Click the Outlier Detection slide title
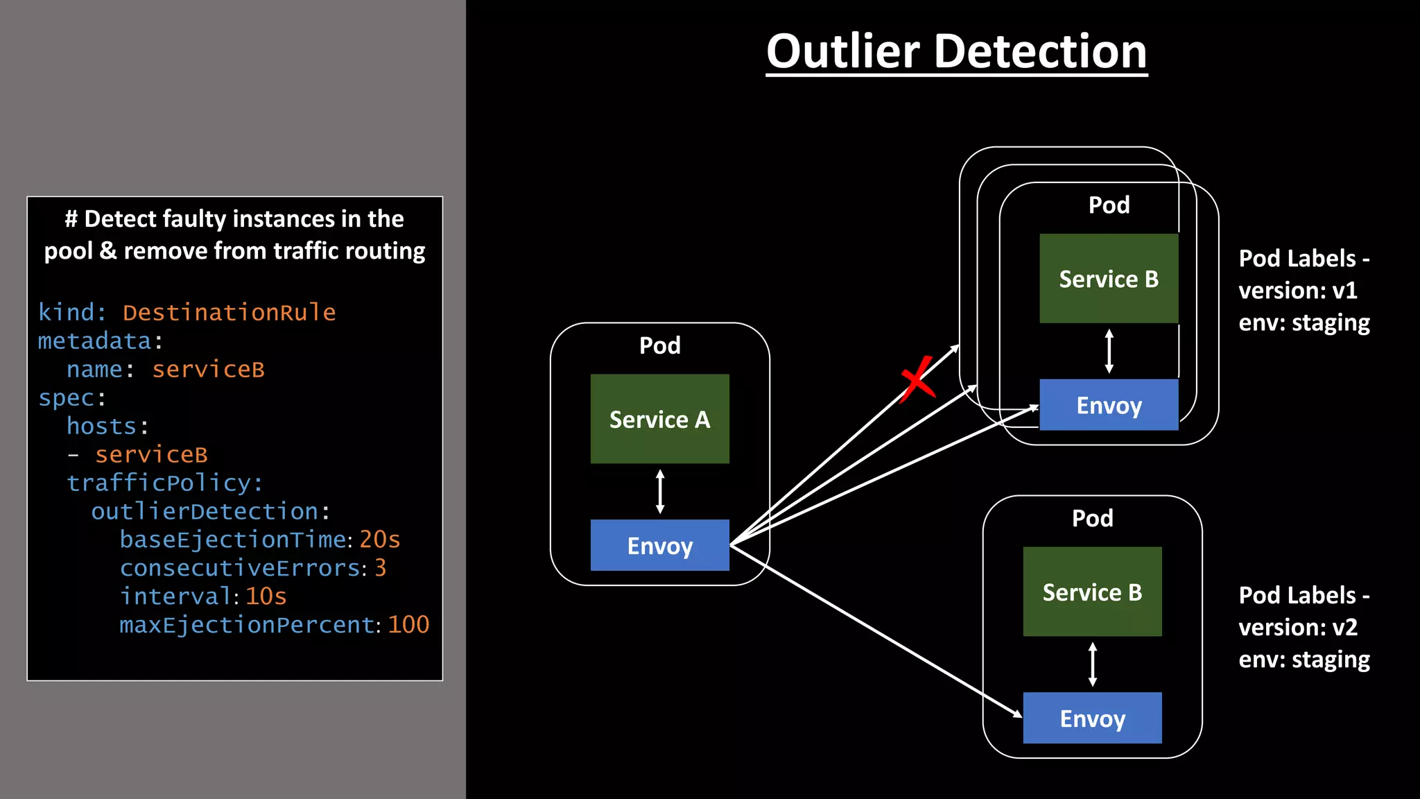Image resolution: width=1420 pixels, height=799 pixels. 956,51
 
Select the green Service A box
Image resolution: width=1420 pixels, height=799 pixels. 659,419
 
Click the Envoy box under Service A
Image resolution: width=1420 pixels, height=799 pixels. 659,545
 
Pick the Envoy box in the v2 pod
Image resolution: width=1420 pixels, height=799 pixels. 1092,718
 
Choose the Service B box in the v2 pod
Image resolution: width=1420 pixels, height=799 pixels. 1092,592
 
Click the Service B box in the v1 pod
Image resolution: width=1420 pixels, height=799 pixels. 1108,278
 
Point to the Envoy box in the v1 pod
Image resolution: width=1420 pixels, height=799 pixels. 1108,405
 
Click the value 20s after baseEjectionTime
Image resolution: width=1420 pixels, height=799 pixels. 379,540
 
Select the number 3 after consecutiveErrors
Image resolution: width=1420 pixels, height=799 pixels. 380,568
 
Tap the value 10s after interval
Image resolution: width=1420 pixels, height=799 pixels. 266,596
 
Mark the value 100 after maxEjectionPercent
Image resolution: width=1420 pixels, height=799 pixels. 408,625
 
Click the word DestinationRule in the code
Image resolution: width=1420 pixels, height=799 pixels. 229,312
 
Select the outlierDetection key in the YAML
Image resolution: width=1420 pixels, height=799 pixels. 205,511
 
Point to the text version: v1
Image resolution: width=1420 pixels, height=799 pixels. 1297,290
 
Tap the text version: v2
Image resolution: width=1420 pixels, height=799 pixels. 1297,627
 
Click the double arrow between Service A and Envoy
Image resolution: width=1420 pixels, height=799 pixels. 659,491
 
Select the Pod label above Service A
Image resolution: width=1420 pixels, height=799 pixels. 659,345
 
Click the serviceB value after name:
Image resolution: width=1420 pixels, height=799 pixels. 208,369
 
